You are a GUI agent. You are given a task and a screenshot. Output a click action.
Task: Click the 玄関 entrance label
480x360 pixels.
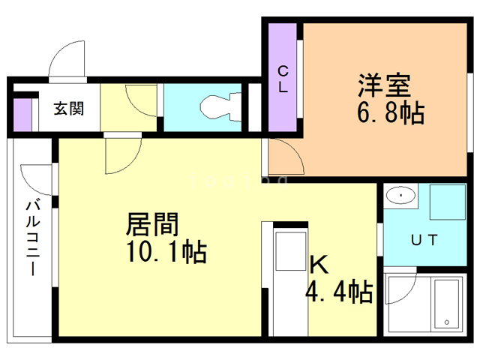point(68,108)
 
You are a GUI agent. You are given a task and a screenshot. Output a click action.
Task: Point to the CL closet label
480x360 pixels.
point(283,77)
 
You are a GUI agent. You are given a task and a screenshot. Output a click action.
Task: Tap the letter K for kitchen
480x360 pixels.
point(319,264)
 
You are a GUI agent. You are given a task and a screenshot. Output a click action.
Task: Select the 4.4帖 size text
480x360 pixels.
point(338,292)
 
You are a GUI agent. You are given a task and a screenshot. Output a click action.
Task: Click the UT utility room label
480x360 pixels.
point(424,240)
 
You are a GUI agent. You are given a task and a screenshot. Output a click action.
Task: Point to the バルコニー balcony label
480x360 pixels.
point(33,237)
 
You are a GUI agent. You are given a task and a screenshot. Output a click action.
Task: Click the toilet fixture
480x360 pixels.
point(220,107)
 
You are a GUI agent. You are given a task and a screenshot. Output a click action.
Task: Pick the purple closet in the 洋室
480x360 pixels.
point(283,77)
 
